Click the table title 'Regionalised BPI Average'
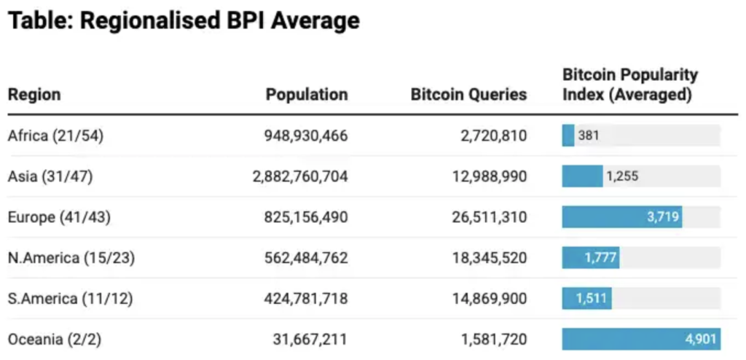click(184, 20)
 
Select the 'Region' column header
click(34, 95)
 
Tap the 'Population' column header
click(306, 95)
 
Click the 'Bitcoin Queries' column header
click(468, 95)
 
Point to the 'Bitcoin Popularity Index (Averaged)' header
click(630, 85)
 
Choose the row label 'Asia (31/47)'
click(50, 176)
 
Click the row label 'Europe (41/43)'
click(60, 217)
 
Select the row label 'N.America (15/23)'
click(71, 258)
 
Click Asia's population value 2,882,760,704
click(300, 176)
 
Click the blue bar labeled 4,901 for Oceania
click(641, 340)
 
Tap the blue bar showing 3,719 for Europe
click(621, 217)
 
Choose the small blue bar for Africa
click(568, 136)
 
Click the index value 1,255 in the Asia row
click(622, 176)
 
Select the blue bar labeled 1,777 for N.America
click(591, 258)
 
